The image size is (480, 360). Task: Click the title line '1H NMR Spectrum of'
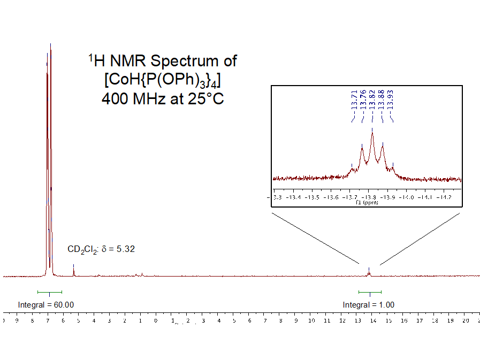(162, 61)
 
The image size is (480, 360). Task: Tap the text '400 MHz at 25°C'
(162, 99)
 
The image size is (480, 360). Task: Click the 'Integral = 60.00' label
(46, 305)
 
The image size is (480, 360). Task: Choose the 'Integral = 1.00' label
(369, 305)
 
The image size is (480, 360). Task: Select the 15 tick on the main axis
(389, 321)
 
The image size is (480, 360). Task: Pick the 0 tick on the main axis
(156, 321)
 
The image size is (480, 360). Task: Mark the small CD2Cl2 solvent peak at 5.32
(73, 270)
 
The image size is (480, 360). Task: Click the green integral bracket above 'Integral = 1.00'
(370, 292)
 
